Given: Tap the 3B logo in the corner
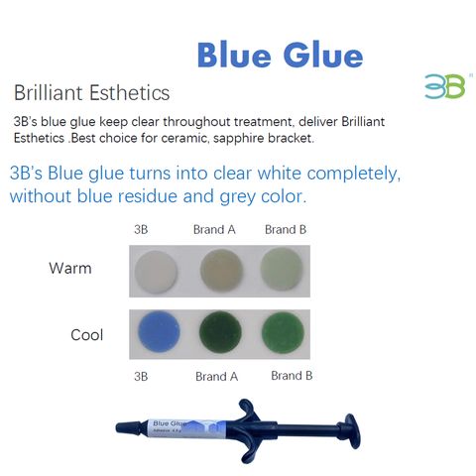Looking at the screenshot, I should pos(443,86).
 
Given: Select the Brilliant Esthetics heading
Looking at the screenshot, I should pos(91,93).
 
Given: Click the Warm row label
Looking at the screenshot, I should pos(69,268).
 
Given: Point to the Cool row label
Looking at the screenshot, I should pos(86,335).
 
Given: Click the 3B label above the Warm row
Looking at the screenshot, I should pos(143,229).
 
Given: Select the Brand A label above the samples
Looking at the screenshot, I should pos(214,229).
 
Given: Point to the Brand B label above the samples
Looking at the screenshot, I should pos(285,229).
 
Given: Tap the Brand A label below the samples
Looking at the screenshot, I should pos(216,377).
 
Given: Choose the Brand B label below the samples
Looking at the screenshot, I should pos(292,376).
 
